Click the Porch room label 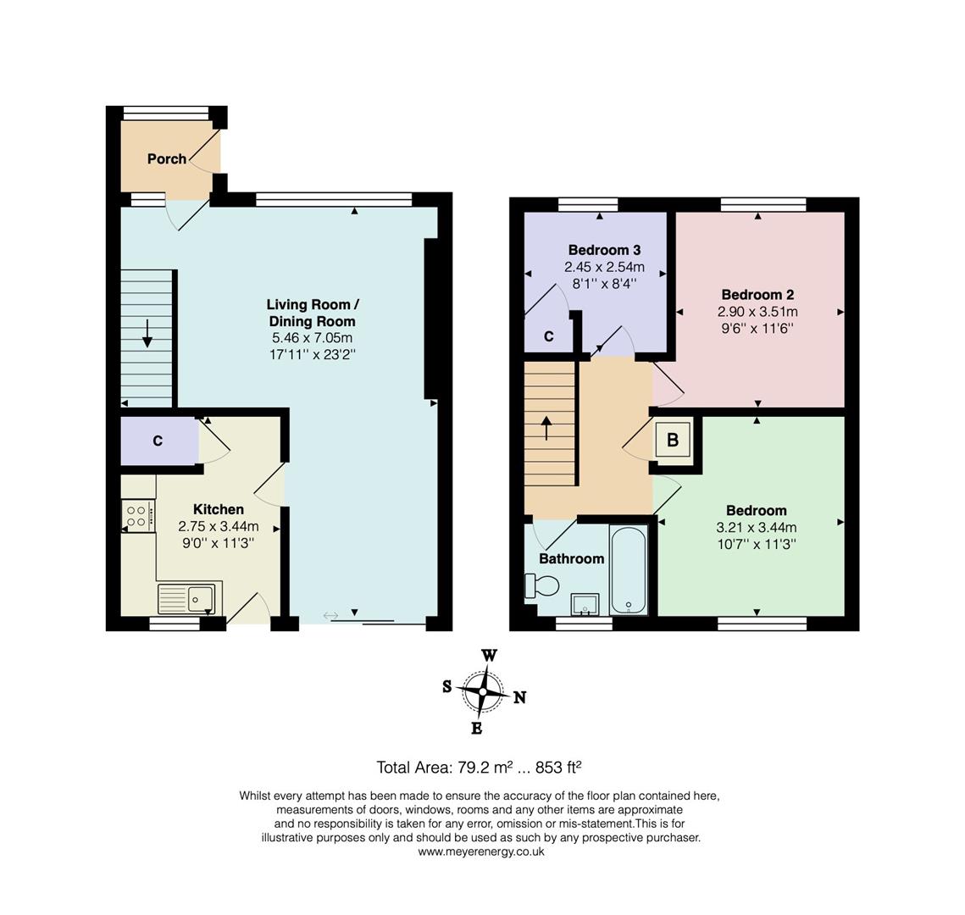(167, 158)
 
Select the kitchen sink (190, 598)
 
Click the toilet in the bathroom (541, 585)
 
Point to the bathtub (629, 569)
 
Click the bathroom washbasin (585, 604)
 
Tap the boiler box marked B (674, 440)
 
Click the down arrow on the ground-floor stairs (147, 333)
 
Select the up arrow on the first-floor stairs (546, 429)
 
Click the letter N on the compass (519, 697)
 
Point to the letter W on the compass (489, 656)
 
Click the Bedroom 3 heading (604, 250)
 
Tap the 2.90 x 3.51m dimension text (757, 312)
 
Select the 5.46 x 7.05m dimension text (312, 338)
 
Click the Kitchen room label (219, 509)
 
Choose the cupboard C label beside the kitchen (158, 441)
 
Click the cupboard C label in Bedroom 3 (549, 336)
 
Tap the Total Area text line (479, 768)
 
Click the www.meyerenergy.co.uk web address (481, 852)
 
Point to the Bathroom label (572, 558)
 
